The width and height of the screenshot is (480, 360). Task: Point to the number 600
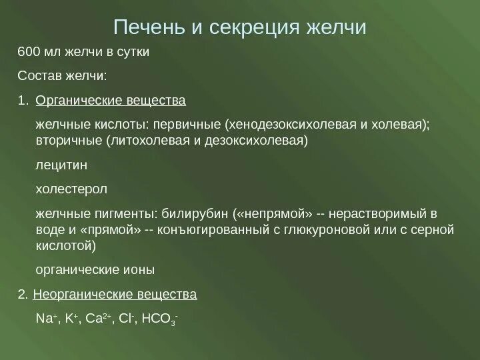28,52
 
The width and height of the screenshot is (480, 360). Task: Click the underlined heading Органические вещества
110,101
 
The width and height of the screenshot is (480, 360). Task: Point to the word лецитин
61,165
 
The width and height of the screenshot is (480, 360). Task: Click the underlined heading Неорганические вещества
115,294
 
